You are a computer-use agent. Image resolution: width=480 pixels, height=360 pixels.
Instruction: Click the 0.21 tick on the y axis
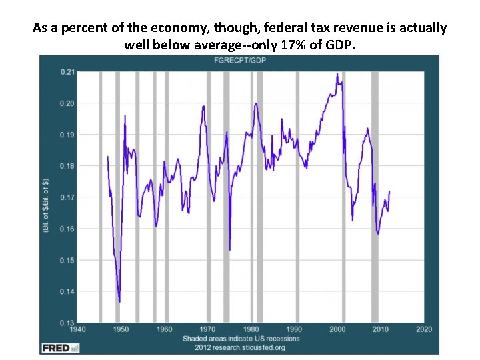[x=67, y=72]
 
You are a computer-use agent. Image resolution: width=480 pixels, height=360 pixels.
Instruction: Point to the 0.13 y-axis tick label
[x=67, y=323]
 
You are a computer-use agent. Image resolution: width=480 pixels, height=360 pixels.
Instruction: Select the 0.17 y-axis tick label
[x=67, y=197]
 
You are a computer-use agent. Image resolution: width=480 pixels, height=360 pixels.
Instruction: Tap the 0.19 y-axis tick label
[x=67, y=135]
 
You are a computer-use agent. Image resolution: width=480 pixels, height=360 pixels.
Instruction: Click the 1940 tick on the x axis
[x=78, y=329]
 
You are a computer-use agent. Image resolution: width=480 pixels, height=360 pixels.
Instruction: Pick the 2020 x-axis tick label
[x=424, y=329]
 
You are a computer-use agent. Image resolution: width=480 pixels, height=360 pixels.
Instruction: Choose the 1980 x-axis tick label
[x=251, y=329]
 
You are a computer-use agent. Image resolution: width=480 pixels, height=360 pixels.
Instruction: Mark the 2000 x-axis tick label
[x=338, y=329]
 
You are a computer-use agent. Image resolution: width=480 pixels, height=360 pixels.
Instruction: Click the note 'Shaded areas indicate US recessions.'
[x=242, y=339]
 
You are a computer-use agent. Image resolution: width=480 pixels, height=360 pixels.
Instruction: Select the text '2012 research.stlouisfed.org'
[x=239, y=347]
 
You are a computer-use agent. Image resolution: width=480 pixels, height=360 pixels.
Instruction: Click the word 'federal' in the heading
[x=285, y=29]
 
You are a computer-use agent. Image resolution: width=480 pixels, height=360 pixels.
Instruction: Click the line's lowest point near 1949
[x=119, y=302]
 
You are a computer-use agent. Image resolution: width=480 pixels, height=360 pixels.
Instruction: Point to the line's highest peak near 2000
[x=337, y=74]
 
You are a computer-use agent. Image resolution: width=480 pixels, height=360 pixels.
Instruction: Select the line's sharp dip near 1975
[x=229, y=249]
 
